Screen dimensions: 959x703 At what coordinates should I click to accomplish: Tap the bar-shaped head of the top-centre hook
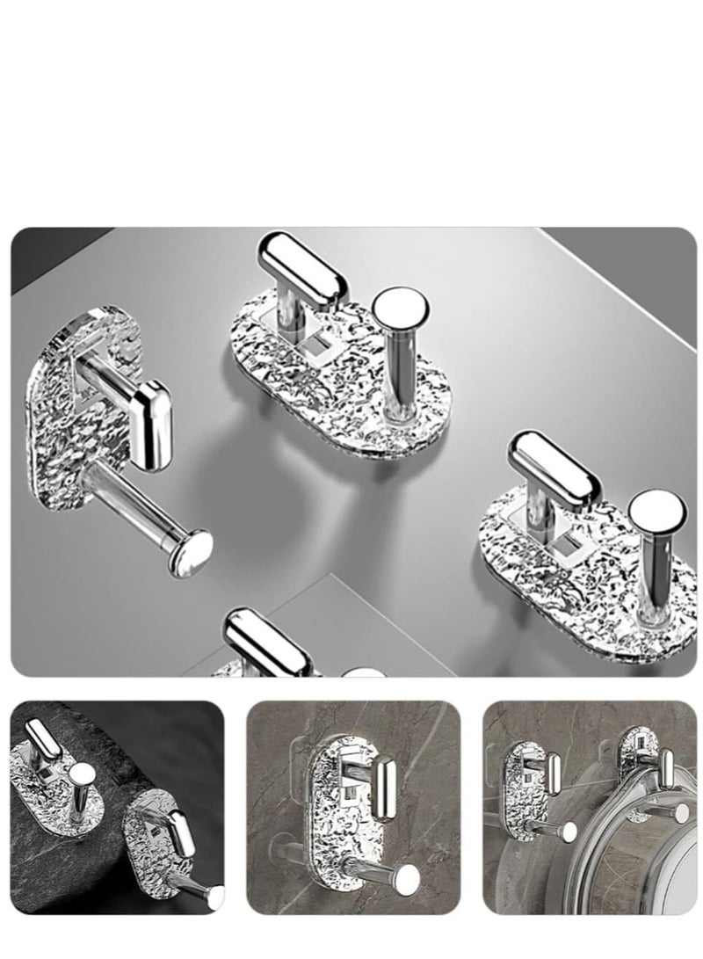(x=307, y=269)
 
